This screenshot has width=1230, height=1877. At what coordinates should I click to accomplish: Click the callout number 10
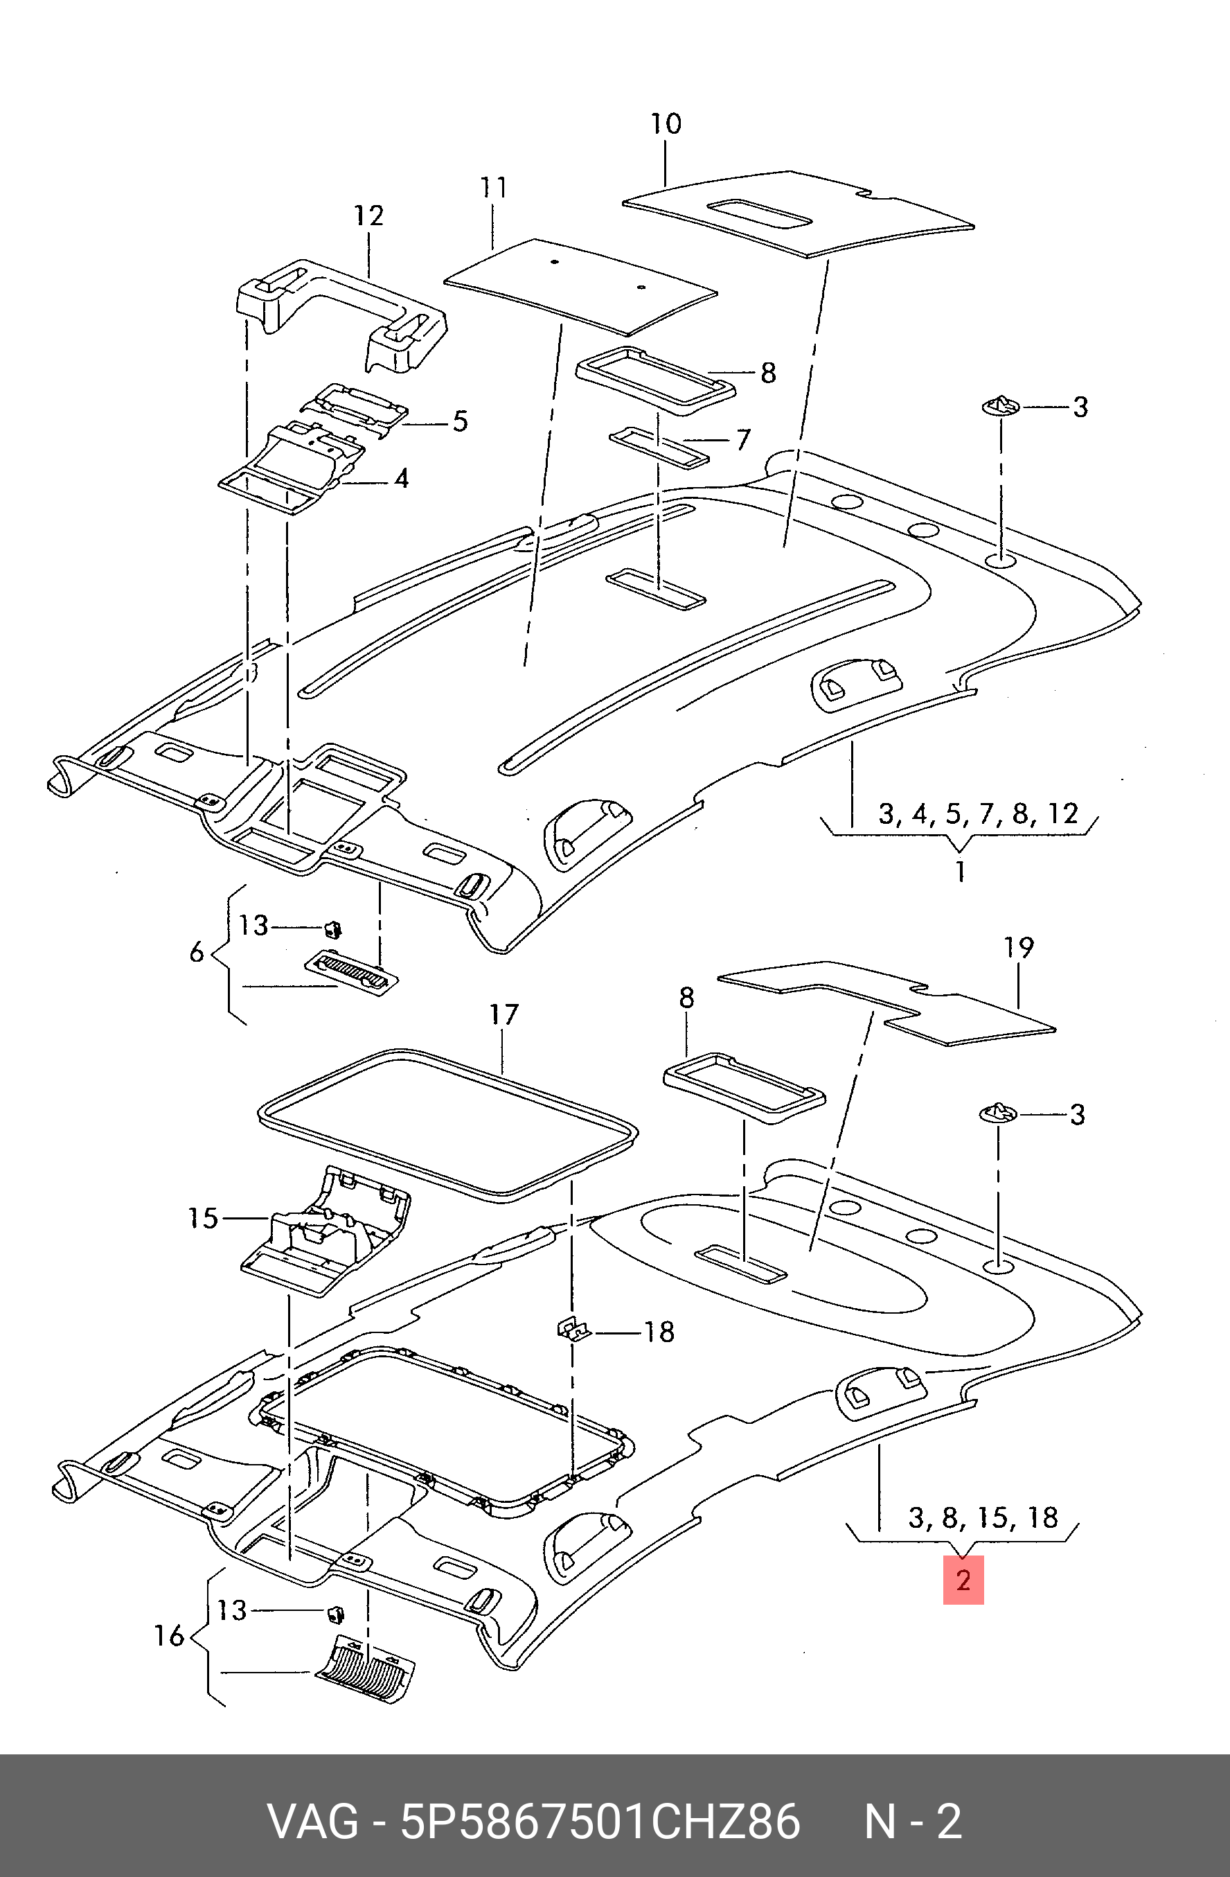(666, 124)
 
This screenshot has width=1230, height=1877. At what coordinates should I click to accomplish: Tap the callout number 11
(494, 188)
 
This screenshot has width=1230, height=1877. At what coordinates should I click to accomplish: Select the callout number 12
(368, 215)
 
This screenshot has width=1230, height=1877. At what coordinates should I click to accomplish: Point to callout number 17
(503, 1014)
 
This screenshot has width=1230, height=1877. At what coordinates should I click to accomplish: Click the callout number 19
(1019, 947)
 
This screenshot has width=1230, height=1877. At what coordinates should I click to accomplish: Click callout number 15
(203, 1219)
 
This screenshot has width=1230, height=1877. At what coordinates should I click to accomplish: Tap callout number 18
(659, 1332)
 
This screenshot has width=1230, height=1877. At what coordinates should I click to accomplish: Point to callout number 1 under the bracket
(961, 872)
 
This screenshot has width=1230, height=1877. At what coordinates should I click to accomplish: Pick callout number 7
(742, 440)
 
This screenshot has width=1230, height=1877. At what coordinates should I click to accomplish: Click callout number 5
(461, 421)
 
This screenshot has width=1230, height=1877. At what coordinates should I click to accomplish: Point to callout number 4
(401, 478)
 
